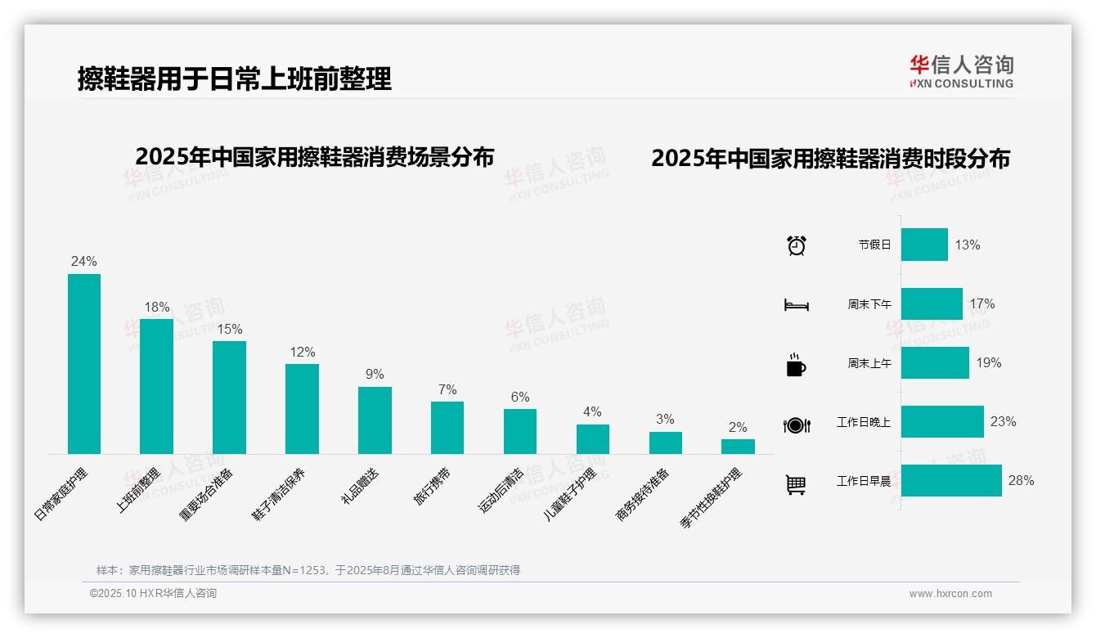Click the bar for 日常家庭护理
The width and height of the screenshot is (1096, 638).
click(x=83, y=363)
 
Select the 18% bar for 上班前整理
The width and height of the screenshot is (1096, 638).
click(x=156, y=386)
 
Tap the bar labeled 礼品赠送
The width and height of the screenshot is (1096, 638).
click(x=375, y=420)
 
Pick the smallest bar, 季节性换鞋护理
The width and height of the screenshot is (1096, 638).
click(x=738, y=446)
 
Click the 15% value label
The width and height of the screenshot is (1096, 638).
click(x=229, y=330)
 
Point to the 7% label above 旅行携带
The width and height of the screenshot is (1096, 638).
click(x=447, y=390)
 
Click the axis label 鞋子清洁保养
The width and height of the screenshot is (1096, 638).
click(x=279, y=494)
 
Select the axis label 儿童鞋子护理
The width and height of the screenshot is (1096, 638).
click(x=570, y=496)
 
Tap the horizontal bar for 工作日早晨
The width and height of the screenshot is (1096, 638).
click(x=951, y=480)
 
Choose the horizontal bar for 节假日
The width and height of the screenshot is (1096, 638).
click(x=924, y=245)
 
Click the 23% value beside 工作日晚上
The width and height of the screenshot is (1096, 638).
click(x=1003, y=422)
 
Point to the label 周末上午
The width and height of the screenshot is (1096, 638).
click(x=869, y=363)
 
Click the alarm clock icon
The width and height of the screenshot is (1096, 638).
click(x=796, y=245)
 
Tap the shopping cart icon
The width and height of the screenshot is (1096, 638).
click(x=796, y=485)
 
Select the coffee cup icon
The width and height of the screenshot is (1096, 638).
click(x=796, y=365)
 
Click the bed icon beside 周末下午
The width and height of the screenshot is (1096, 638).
click(x=796, y=305)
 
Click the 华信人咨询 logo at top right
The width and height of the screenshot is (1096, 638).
click(x=961, y=72)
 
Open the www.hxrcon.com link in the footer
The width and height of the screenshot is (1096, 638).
click(x=950, y=594)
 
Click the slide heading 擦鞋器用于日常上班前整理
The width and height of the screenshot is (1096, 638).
click(x=235, y=79)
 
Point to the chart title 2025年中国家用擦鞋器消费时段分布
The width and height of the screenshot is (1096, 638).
click(x=830, y=159)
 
